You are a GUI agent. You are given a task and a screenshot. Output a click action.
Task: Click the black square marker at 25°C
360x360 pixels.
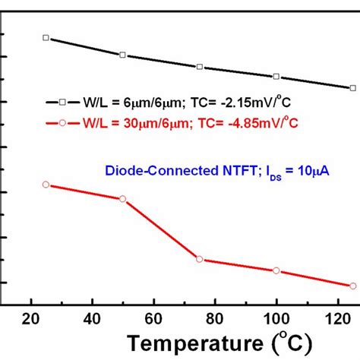click(46, 37)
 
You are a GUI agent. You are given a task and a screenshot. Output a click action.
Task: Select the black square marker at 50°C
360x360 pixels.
click(122, 55)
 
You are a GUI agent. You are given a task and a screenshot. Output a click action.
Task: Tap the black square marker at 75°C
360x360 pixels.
click(200, 67)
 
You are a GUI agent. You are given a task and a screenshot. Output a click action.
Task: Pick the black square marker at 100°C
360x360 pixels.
click(276, 76)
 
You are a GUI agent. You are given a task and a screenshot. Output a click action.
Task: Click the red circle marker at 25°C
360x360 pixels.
click(46, 185)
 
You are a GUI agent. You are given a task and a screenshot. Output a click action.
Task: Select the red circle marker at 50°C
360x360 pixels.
click(122, 198)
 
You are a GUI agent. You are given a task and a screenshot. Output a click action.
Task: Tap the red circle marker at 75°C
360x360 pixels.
click(200, 259)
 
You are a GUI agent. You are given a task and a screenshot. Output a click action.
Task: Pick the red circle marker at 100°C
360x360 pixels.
click(276, 270)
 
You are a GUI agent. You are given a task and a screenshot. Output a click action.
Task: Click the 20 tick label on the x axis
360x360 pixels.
click(31, 318)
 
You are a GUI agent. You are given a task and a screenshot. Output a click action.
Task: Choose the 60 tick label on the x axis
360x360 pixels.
click(153, 318)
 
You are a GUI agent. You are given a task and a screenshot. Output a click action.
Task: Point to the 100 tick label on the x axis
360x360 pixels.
click(276, 318)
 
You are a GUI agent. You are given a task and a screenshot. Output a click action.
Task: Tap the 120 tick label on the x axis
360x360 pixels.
click(336, 318)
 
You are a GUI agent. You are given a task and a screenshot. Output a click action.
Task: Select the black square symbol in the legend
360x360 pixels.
click(62, 102)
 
